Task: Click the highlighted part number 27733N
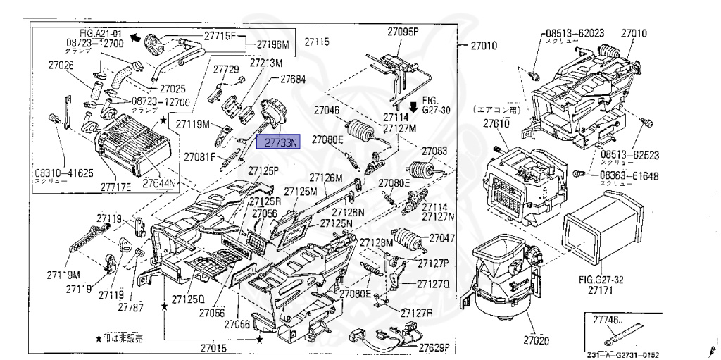(280, 142)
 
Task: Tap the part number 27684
(292, 80)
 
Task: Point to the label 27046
(327, 110)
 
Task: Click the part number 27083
(434, 151)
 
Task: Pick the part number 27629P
(434, 347)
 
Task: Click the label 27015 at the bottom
(213, 348)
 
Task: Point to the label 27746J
(606, 320)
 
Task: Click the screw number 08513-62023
(575, 34)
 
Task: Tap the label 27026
(61, 66)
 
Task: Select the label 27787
(130, 307)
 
